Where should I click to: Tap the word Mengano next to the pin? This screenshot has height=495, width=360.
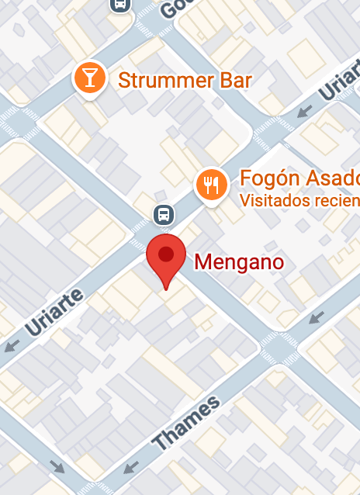(x=239, y=262)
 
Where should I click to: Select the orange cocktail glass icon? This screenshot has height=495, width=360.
(x=90, y=78)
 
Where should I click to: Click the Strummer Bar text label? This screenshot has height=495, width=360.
(x=185, y=80)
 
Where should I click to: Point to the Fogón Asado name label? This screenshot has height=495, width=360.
(x=299, y=178)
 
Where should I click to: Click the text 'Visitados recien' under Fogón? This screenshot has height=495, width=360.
(x=299, y=199)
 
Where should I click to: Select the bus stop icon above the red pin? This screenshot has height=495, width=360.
(x=164, y=214)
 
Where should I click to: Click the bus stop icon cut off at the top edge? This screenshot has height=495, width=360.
(x=121, y=5)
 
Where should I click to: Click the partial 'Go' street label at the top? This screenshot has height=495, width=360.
(x=175, y=9)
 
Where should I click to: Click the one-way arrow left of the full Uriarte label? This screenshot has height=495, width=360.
(x=11, y=346)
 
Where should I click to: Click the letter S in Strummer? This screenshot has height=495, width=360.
(x=123, y=80)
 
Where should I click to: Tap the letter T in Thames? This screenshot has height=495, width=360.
(x=161, y=444)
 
